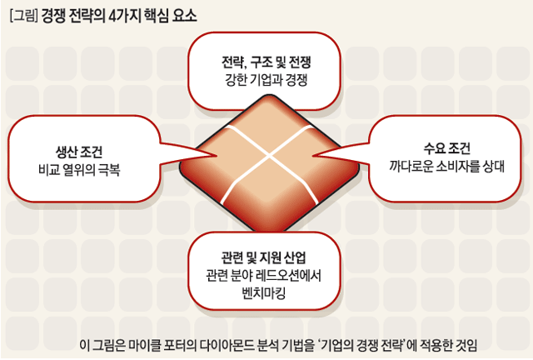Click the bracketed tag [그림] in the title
[24, 16]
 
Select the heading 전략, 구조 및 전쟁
[266, 62]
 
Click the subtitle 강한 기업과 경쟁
[266, 80]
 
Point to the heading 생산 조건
[79, 152]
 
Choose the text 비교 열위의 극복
[79, 169]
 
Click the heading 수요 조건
[446, 148]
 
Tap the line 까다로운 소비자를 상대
[446, 167]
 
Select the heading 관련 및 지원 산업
[264, 257]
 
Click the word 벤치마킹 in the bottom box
[264, 293]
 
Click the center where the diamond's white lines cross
[270, 156]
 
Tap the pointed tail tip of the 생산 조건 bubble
[217, 156]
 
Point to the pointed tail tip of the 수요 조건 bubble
[313, 156]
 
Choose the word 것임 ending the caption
[467, 345]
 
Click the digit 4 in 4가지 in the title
[112, 16]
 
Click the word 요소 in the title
[185, 16]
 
